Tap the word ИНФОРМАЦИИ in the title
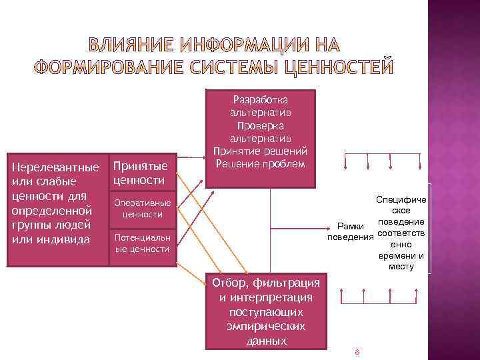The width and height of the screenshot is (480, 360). pos(241,45)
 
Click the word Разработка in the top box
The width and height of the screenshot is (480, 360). pos(260,99)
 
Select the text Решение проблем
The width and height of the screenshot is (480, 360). pos(260,164)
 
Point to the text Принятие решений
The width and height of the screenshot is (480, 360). pos(260,151)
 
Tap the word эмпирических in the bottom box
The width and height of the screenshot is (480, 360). pos(267,326)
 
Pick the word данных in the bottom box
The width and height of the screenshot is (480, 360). pos(267,340)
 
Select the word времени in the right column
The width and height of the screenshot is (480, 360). pos(401,255)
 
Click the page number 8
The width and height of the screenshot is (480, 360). pos(358,351)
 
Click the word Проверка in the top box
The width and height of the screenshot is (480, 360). pos(260,125)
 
